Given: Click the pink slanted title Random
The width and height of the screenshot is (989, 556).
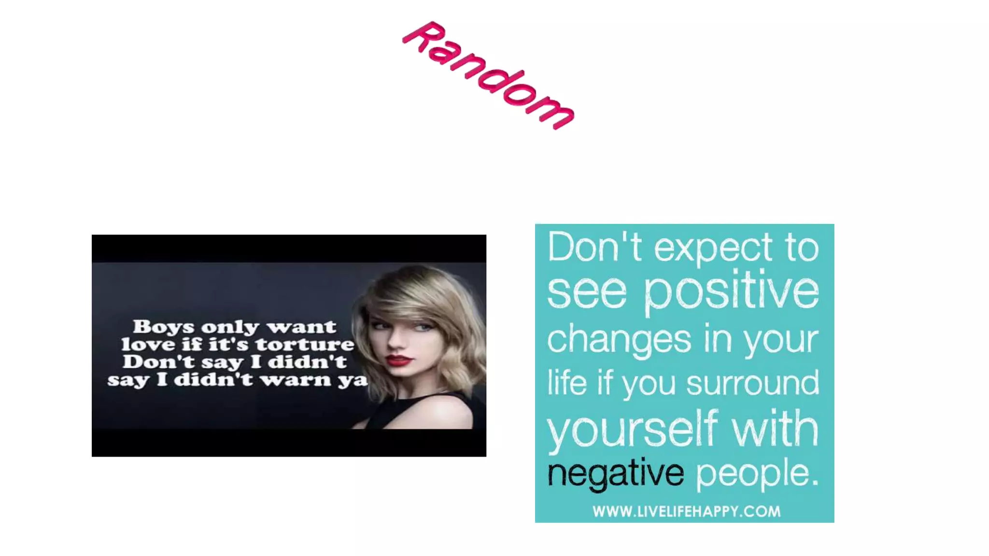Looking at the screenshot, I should click(488, 75).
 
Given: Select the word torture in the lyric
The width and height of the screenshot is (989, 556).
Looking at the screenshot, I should click(305, 345).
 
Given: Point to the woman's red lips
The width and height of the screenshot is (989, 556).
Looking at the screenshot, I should click(399, 360).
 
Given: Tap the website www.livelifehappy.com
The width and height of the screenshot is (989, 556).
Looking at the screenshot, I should click(686, 512).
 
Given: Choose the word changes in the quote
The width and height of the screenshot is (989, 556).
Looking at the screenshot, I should click(619, 339).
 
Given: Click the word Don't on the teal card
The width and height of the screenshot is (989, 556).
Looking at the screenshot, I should click(594, 247).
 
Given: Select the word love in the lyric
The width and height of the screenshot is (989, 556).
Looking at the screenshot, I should click(148, 345).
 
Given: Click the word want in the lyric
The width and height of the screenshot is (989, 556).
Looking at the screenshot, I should click(301, 327).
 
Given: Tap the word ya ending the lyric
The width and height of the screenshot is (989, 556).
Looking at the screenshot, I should click(353, 380).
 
